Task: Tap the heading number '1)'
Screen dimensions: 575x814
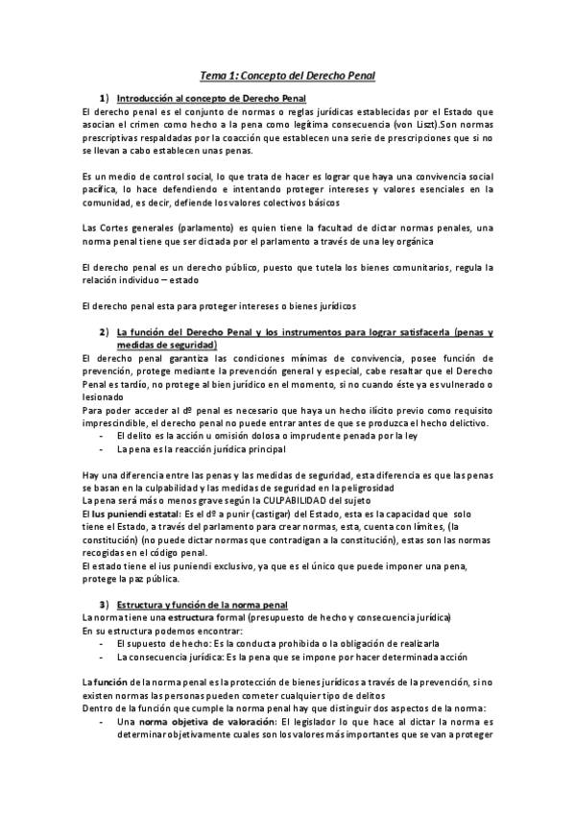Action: point(104,99)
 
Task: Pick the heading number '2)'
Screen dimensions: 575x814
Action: point(104,333)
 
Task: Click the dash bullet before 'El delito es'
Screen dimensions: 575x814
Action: point(101,437)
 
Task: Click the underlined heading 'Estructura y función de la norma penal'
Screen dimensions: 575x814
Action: point(202,605)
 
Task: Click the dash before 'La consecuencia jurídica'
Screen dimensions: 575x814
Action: point(101,658)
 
